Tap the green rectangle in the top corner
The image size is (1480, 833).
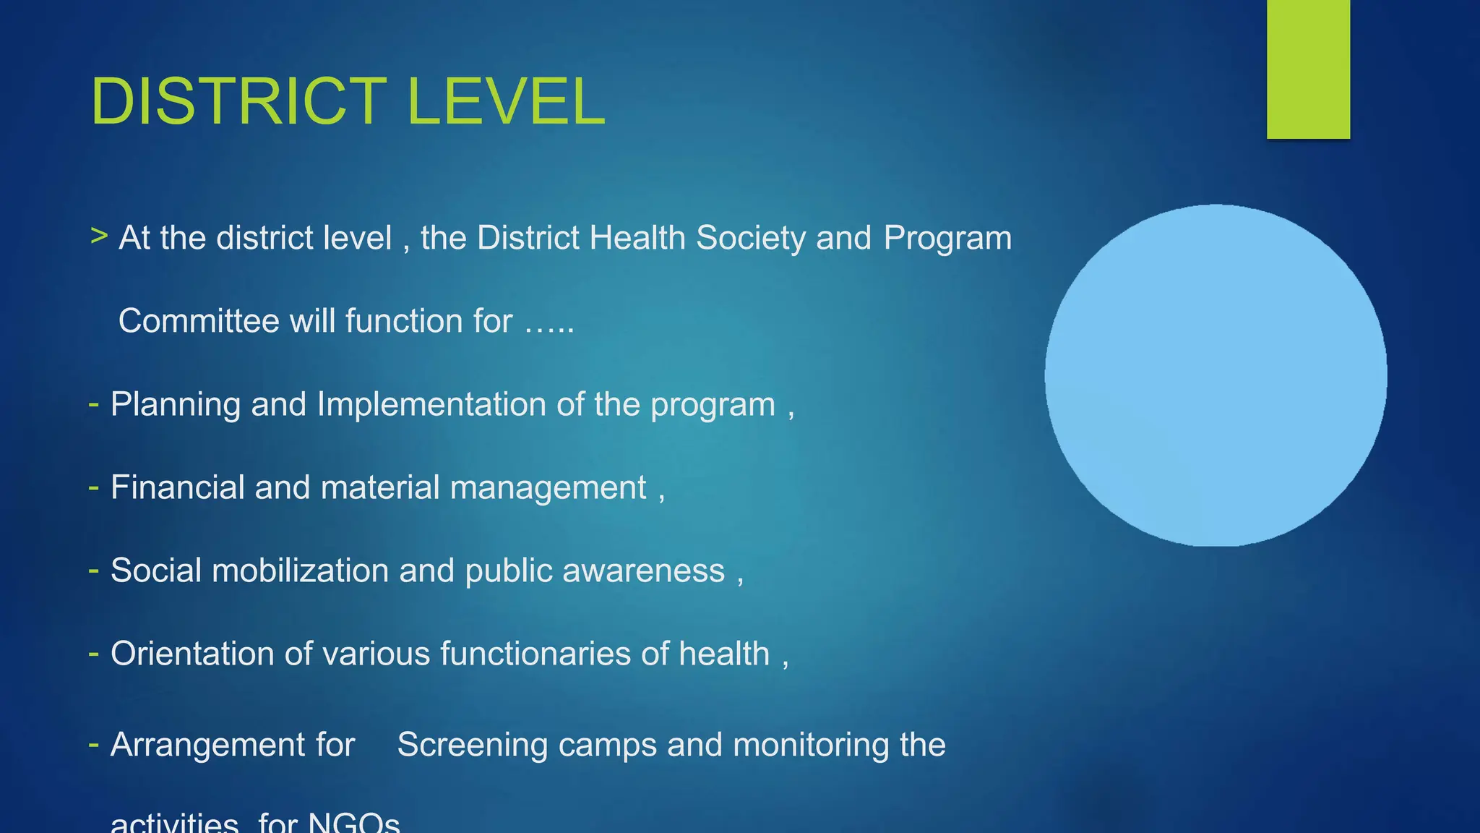(1308, 69)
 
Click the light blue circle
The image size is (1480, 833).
(1216, 375)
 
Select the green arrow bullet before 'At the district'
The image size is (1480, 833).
(99, 236)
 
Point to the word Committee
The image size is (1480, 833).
(199, 321)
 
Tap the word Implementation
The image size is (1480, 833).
(431, 404)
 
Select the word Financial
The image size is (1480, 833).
(177, 487)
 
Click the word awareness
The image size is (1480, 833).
(643, 571)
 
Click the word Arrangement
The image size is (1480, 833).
(232, 745)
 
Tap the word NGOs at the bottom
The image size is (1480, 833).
(353, 823)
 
